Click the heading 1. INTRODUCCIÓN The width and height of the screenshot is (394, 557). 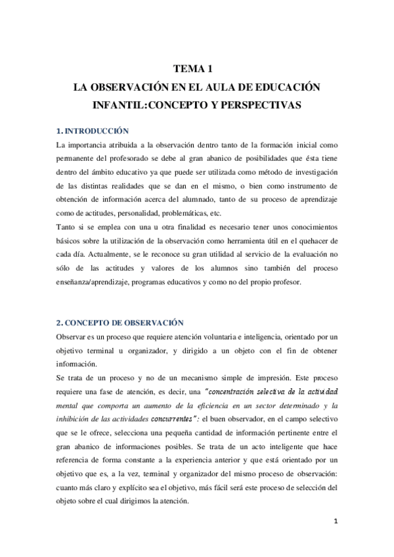pyautogui.click(x=92, y=131)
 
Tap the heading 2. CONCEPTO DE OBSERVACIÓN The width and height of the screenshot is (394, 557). pyautogui.click(x=120, y=323)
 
